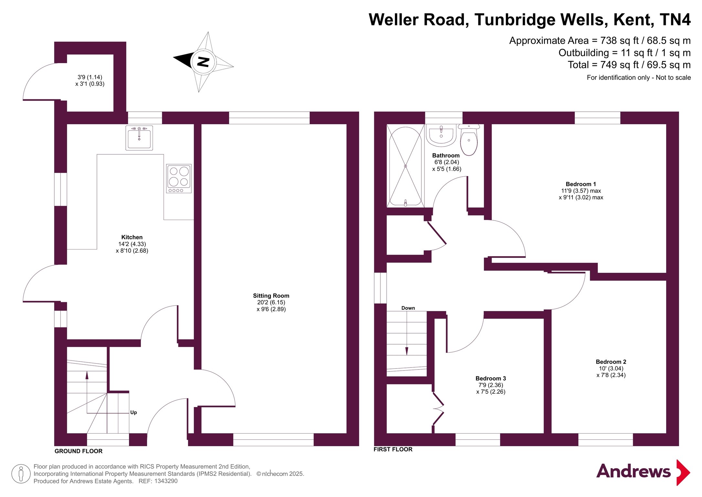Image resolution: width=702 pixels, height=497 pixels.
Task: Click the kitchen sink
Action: [139, 138]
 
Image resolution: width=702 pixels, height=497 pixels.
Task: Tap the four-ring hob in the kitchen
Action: [179, 179]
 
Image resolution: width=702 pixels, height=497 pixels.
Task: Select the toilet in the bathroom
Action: [469, 141]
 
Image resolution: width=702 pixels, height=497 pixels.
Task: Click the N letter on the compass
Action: [203, 61]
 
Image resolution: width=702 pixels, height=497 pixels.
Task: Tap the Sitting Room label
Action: [271, 296]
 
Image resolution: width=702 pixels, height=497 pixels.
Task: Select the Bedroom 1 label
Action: [580, 184]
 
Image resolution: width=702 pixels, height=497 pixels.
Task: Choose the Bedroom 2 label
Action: [611, 362]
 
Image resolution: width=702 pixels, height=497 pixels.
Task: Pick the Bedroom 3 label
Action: [491, 378]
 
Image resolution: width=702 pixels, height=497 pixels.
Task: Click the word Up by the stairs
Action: [133, 412]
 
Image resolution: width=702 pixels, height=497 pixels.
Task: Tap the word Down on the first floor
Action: [408, 308]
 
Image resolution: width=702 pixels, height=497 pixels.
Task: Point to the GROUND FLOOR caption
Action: [78, 451]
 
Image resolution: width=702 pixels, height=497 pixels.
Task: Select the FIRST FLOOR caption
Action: [393, 449]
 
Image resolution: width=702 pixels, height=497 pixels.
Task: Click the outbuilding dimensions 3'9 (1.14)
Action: [90, 77]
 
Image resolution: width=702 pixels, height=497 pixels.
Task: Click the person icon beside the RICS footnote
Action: [21, 474]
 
